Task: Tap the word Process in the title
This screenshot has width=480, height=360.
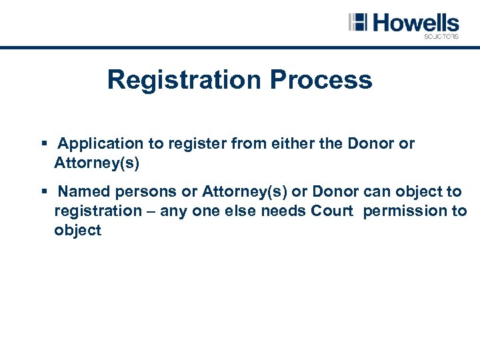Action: click(321, 80)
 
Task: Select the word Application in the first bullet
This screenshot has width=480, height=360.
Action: click(101, 144)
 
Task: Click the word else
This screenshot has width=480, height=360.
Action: click(242, 211)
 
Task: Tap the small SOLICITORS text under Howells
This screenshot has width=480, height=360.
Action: click(441, 37)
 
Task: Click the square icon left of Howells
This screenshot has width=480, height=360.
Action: click(358, 22)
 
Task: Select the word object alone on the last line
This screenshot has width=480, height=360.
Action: click(78, 231)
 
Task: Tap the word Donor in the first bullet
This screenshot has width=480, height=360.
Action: click(373, 144)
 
